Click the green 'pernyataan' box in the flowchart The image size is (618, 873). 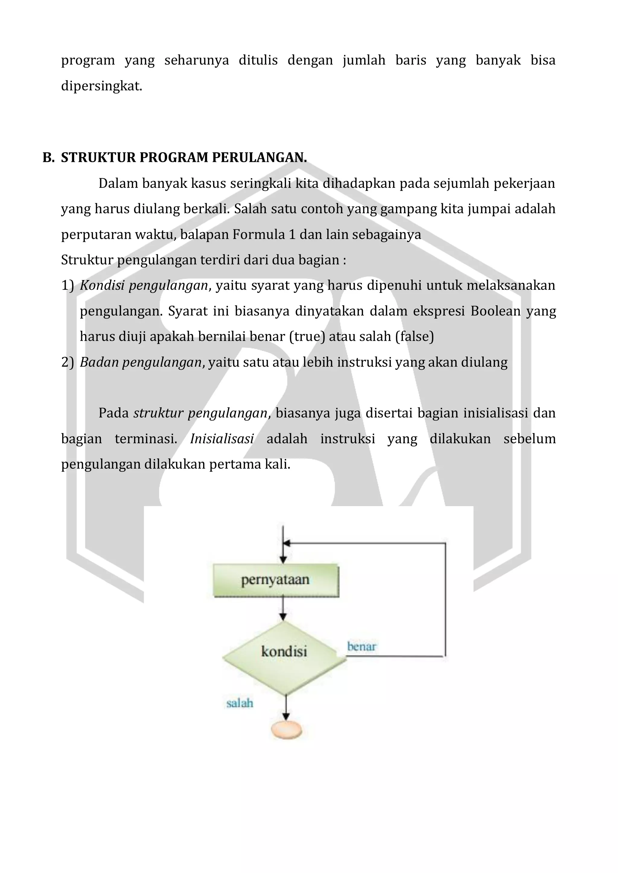[x=276, y=580]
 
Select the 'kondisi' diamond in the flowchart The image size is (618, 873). [x=284, y=651]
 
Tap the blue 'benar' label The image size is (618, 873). [x=361, y=646]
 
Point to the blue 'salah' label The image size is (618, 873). [x=240, y=703]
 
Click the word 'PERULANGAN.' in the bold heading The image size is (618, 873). [x=259, y=157]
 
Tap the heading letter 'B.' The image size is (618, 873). [x=49, y=157]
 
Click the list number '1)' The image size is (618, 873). [x=67, y=285]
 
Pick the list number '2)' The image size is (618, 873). [x=67, y=362]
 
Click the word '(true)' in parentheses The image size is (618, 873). [x=307, y=336]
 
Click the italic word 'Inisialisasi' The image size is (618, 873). [x=222, y=439]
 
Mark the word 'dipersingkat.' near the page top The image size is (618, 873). [x=102, y=86]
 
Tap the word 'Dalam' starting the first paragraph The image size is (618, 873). [x=118, y=183]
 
